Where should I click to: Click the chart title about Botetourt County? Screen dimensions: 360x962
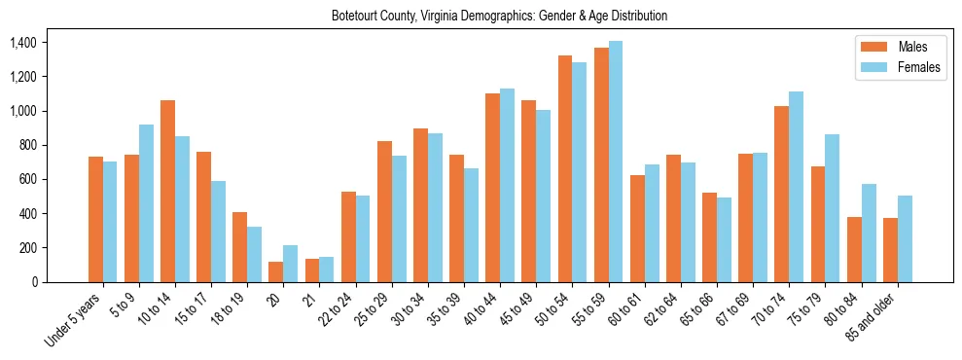tap(499, 16)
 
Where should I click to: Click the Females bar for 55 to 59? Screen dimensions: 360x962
tap(616, 162)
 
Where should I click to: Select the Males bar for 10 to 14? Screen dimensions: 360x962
tap(167, 191)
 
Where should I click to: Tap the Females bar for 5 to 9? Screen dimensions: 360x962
tap(146, 203)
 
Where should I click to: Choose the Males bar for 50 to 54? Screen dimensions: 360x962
tap(565, 168)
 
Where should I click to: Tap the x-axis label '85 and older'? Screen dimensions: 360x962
tap(873, 315)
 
